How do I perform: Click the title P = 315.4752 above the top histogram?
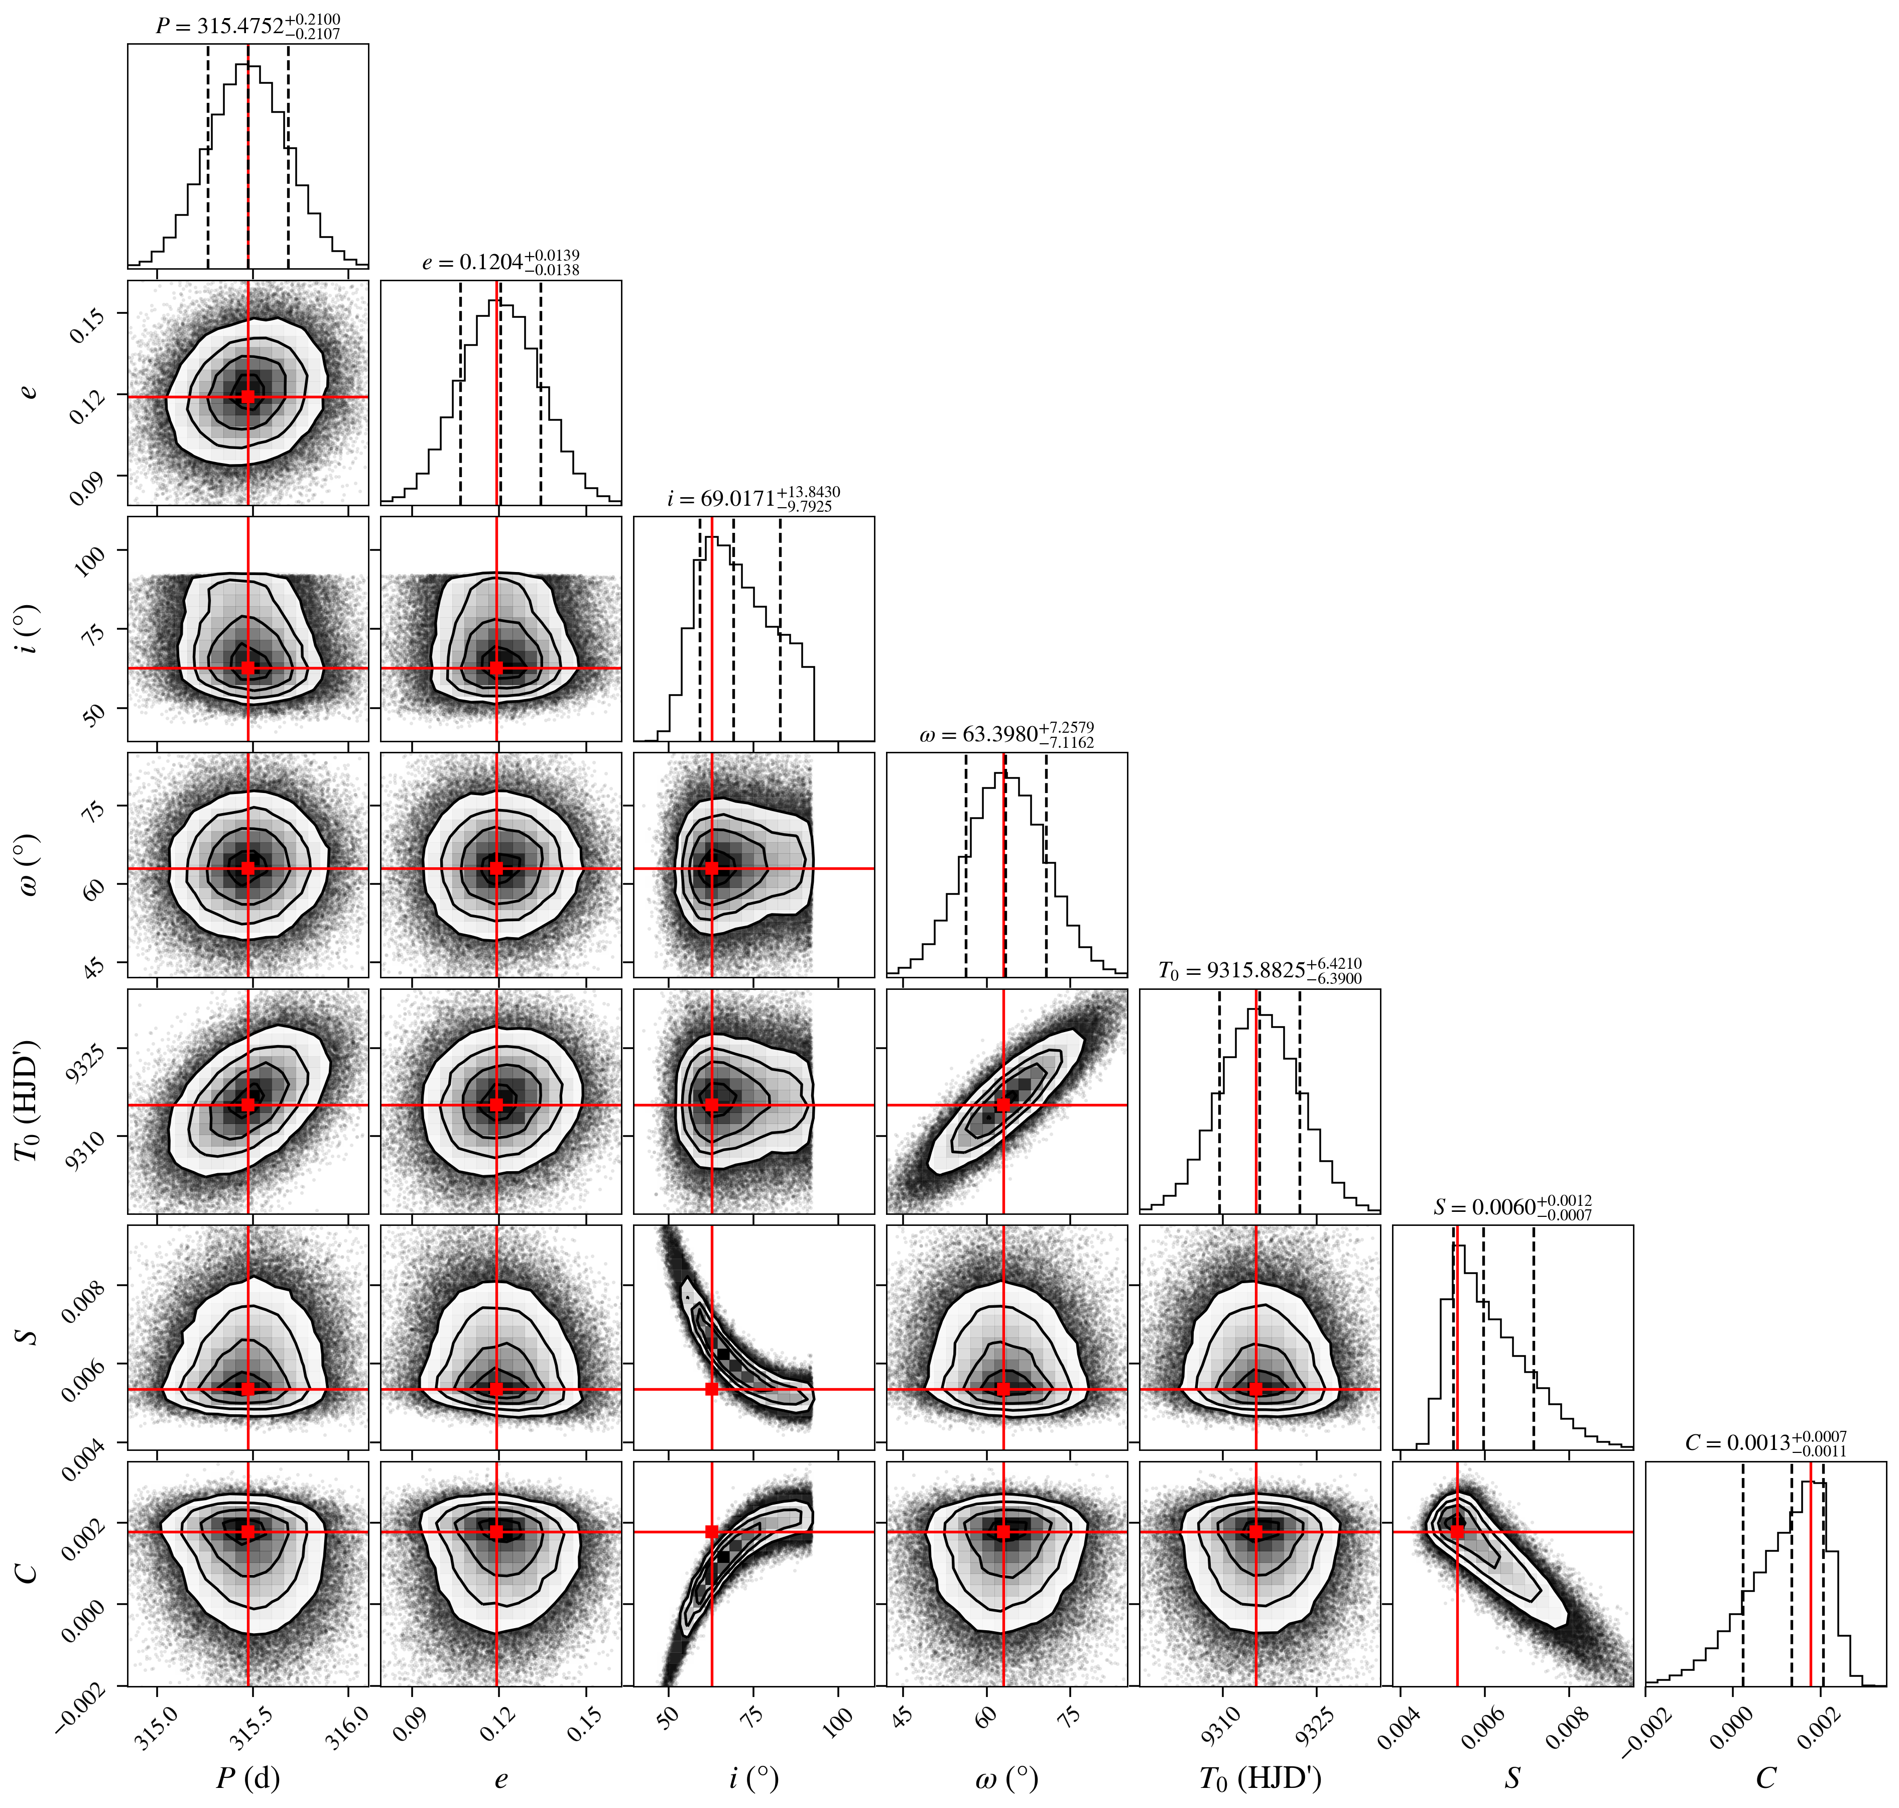coord(247,26)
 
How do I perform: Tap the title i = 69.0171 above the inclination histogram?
coord(753,498)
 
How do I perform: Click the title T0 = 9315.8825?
coord(1260,970)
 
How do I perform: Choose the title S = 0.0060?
coord(1512,1207)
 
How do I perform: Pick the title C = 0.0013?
coord(1766,1443)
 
